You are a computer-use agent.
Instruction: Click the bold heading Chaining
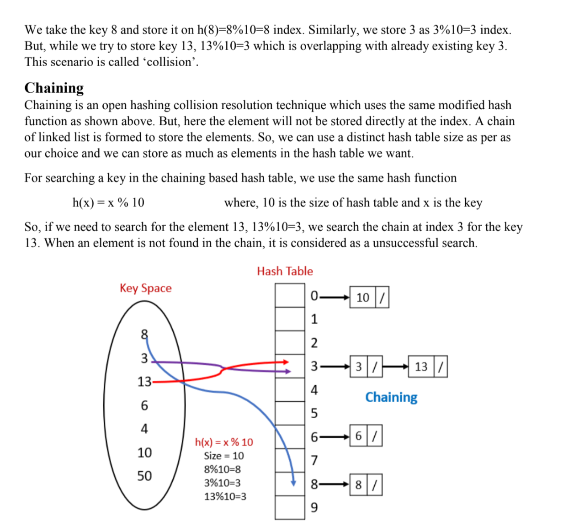54,88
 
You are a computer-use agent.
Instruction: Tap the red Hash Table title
285,271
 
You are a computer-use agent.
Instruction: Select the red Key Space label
145,288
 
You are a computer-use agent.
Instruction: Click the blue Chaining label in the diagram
391,397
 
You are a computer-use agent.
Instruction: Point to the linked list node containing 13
427,367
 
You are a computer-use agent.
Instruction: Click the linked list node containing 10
369,298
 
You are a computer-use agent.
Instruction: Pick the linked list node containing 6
366,436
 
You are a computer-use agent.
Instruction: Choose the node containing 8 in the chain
366,485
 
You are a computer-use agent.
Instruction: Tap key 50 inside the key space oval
144,476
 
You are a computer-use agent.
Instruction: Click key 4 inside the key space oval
144,429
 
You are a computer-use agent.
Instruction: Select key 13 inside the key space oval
144,382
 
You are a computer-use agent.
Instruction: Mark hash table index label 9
314,508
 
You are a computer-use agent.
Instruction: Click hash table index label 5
314,413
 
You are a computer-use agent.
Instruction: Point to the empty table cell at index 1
290,319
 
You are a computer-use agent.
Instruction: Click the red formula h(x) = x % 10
224,442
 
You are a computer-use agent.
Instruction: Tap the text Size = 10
224,456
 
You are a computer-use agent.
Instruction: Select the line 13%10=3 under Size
225,496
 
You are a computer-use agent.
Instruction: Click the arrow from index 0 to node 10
335,298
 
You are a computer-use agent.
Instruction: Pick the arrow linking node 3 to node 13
395,367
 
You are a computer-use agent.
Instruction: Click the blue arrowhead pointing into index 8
293,483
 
